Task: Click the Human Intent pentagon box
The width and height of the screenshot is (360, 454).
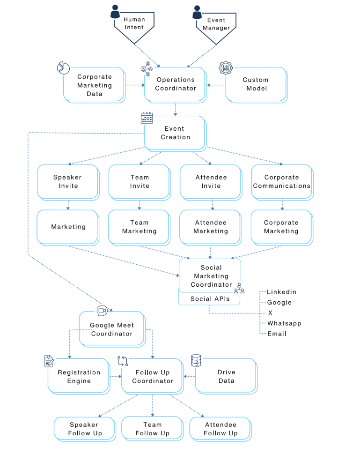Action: (x=134, y=24)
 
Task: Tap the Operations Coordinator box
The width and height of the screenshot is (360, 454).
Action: (x=175, y=84)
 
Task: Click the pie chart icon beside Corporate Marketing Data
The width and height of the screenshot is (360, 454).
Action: (x=63, y=68)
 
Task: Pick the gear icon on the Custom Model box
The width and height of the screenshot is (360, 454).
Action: (x=226, y=68)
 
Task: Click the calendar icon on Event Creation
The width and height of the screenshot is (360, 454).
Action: (x=147, y=118)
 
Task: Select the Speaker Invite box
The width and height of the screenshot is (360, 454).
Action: (x=67, y=181)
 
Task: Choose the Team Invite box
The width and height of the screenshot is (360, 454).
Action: (x=139, y=181)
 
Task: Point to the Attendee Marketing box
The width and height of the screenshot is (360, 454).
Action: (x=211, y=227)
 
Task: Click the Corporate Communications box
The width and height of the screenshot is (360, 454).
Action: (x=281, y=181)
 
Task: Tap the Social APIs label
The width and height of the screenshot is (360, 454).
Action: (x=210, y=298)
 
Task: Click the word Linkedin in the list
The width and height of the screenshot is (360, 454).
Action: (x=281, y=292)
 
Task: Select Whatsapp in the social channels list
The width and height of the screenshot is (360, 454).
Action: (x=284, y=323)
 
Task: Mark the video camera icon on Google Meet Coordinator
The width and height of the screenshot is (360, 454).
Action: (x=102, y=310)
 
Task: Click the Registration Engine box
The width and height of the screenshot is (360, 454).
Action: (x=79, y=377)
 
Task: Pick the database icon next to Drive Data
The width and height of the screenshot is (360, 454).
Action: (x=196, y=360)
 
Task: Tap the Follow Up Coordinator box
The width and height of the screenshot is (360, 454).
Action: (x=153, y=377)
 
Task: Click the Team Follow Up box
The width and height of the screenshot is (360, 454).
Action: (x=152, y=429)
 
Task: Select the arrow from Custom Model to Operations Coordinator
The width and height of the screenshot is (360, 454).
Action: (x=215, y=85)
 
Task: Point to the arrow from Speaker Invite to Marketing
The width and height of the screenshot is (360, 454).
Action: (x=68, y=205)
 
